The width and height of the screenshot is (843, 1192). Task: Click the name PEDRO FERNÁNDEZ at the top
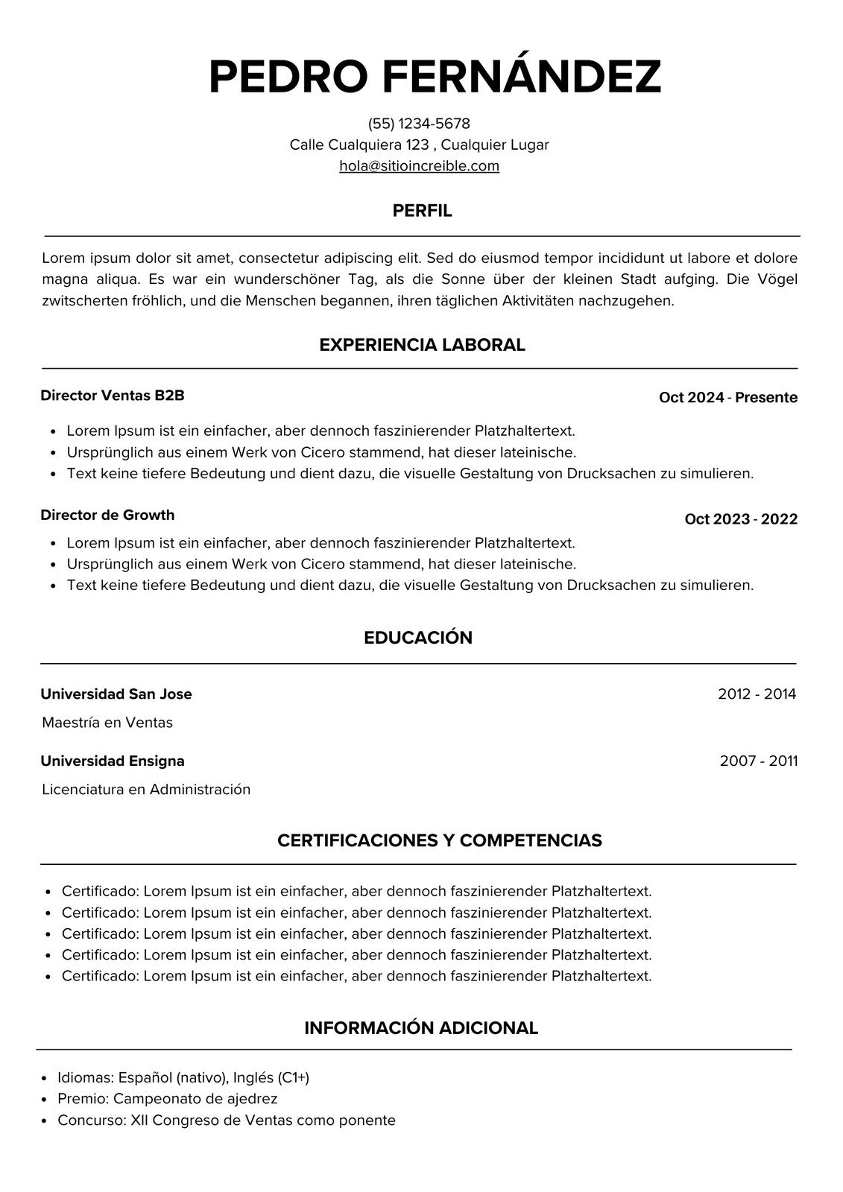point(435,76)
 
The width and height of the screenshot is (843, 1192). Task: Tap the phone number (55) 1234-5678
point(419,124)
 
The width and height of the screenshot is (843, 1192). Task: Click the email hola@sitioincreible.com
point(419,166)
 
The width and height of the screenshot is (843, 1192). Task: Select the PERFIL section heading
point(422,211)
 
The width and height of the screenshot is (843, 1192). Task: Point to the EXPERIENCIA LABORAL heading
point(422,345)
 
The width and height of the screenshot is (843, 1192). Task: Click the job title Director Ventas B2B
point(113,396)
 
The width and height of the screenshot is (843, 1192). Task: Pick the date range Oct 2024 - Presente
point(727,398)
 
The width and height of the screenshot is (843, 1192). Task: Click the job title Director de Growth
point(107,515)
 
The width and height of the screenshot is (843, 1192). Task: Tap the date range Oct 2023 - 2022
point(740,519)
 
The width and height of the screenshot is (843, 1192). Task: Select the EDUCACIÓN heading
point(418,638)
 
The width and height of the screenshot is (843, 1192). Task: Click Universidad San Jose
point(116,694)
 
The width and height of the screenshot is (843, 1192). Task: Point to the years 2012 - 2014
point(757,694)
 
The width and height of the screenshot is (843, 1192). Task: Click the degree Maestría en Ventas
point(107,723)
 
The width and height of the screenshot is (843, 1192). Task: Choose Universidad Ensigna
point(113,761)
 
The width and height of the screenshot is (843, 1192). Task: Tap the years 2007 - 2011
point(758,761)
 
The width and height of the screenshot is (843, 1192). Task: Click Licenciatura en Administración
point(146,790)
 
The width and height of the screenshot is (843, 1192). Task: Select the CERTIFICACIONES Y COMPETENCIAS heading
point(439,840)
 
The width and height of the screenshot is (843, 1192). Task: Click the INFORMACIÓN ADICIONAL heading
point(421,1028)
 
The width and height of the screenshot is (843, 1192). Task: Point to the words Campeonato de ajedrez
point(195,1099)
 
